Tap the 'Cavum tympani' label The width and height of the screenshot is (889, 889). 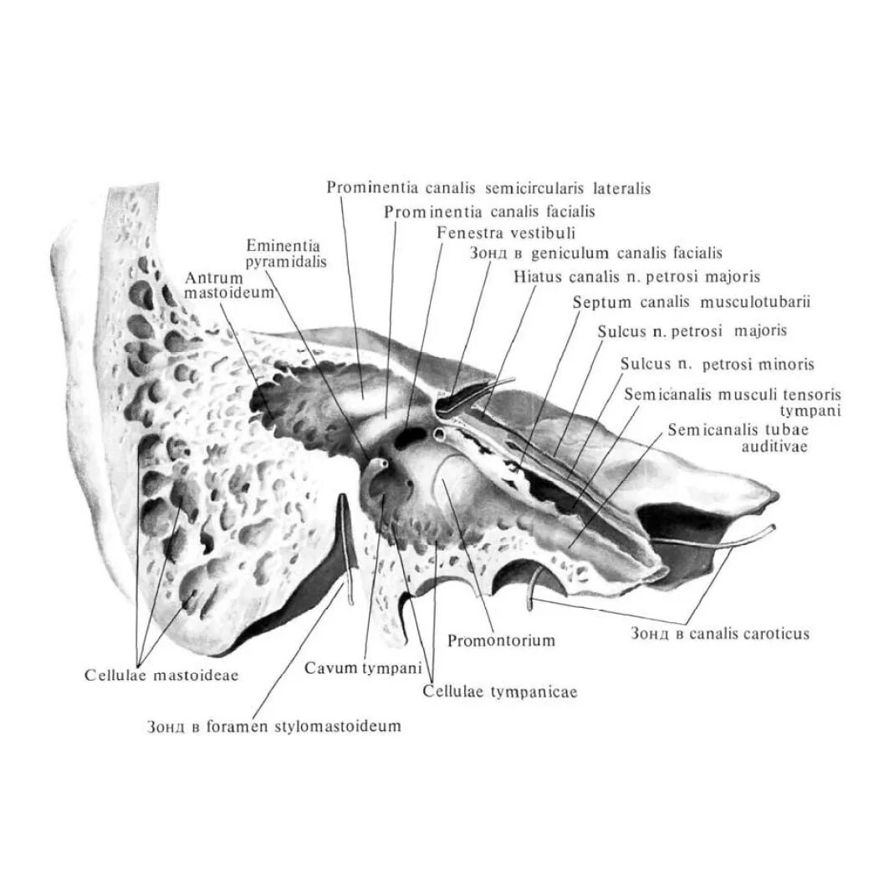[354, 667]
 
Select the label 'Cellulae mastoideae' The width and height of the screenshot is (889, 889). [161, 675]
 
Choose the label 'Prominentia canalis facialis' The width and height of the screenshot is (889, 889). [489, 212]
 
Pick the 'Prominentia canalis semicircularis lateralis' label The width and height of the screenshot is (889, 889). [488, 188]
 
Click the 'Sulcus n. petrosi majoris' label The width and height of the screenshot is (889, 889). [692, 331]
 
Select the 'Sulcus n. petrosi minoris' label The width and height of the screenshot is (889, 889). [717, 365]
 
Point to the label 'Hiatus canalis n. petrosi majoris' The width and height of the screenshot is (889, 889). [638, 275]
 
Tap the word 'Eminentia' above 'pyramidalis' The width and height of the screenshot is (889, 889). [283, 246]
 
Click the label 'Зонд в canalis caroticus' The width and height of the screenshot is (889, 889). [719, 634]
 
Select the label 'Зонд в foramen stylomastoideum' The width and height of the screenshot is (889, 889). [273, 726]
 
